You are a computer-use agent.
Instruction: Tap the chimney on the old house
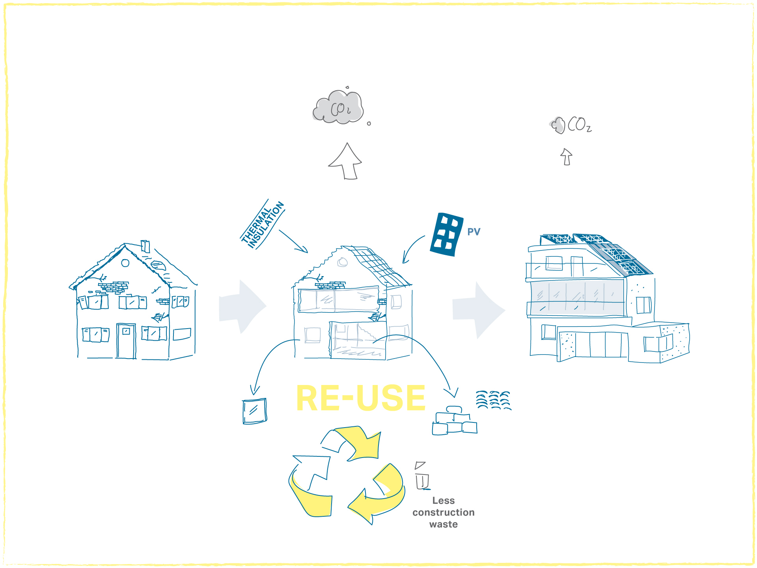point(145,246)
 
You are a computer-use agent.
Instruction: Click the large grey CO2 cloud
point(338,107)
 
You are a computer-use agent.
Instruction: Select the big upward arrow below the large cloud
point(346,162)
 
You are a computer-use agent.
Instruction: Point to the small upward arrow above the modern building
point(566,157)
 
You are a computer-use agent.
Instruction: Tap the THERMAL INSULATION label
point(263,224)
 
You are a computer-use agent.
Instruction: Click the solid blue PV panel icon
point(446,234)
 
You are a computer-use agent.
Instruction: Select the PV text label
point(474,232)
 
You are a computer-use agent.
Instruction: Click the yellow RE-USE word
point(361,398)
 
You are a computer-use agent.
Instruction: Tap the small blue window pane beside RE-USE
point(254,411)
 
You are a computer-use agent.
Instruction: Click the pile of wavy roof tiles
point(493,400)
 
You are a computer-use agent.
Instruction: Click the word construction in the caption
point(444,512)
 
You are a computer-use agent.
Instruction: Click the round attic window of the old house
point(125,263)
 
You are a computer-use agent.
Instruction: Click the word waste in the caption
point(444,525)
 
